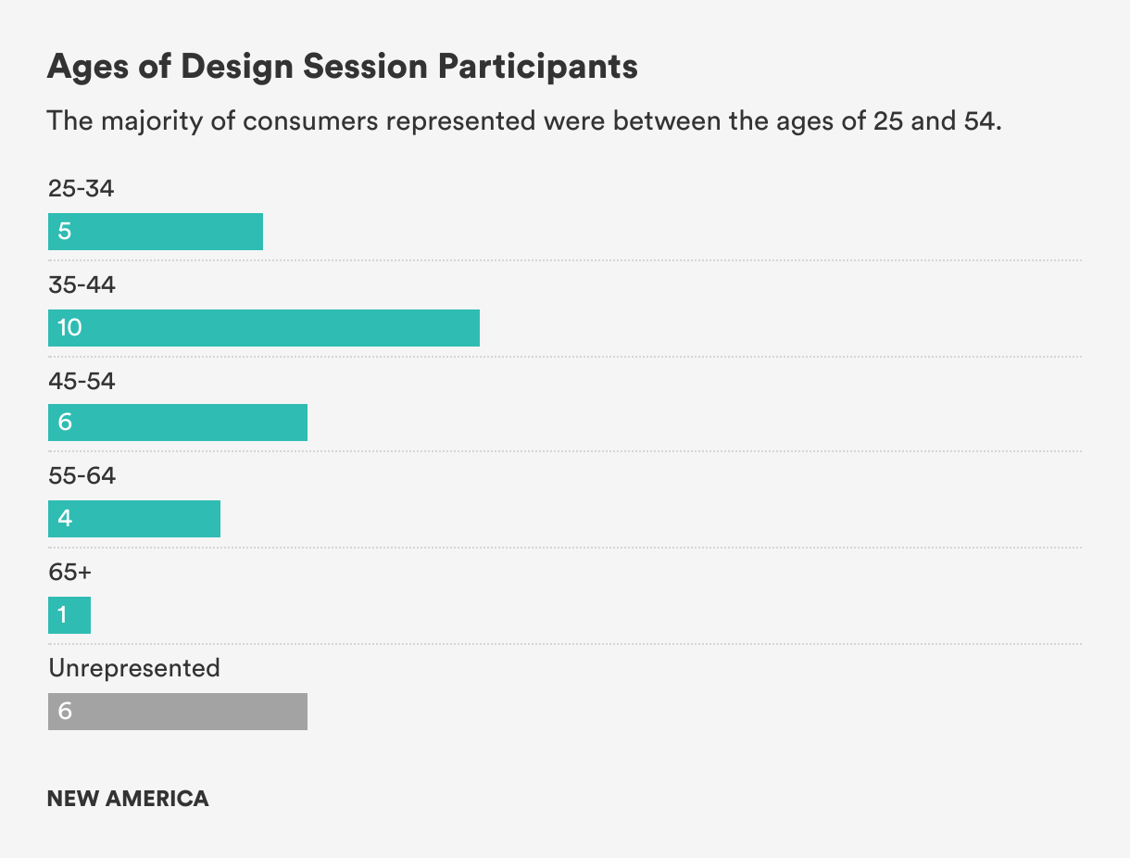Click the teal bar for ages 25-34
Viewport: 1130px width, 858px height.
[156, 232]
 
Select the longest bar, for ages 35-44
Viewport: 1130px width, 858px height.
[264, 328]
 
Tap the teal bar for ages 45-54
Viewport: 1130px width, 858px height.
[178, 423]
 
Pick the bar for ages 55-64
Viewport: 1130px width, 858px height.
[134, 519]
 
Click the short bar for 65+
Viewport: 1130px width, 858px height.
[69, 615]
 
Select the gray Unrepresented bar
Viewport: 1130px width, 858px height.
[178, 712]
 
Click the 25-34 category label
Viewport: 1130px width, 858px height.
[81, 188]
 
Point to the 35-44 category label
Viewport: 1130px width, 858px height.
[82, 284]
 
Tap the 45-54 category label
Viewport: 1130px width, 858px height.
[82, 381]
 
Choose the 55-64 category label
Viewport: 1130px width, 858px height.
[82, 475]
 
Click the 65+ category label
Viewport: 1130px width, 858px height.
[70, 572]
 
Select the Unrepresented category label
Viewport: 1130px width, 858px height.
[134, 668]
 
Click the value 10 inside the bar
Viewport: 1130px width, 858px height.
[69, 328]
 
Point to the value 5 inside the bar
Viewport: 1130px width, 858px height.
[64, 231]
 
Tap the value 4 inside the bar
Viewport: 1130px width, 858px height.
[65, 518]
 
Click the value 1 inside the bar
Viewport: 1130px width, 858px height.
[62, 614]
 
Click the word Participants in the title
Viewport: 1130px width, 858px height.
[538, 67]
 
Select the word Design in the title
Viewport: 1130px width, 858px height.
[237, 68]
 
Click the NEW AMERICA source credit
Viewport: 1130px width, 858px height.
[128, 799]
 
